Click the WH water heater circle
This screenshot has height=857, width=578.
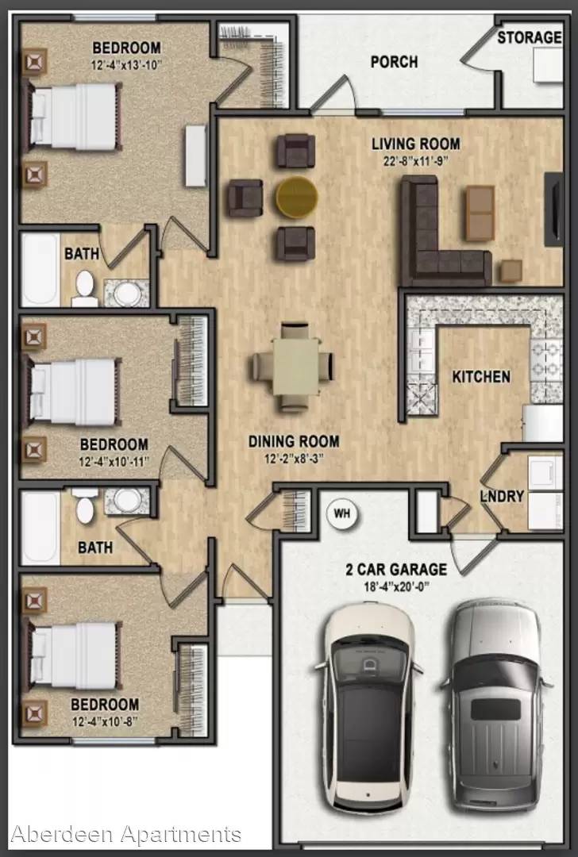pyautogui.click(x=342, y=513)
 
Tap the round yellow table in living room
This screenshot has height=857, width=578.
pyautogui.click(x=296, y=198)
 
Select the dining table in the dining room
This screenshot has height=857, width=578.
pyautogui.click(x=296, y=366)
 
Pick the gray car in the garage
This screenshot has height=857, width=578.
pyautogui.click(x=496, y=705)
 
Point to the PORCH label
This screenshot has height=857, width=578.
pyautogui.click(x=395, y=62)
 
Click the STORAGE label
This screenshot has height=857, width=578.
pyautogui.click(x=530, y=37)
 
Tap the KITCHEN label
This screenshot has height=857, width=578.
pyautogui.click(x=481, y=377)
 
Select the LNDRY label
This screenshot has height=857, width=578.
pyautogui.click(x=502, y=496)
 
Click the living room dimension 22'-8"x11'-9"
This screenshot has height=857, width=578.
pyautogui.click(x=415, y=161)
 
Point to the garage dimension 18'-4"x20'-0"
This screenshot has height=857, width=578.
pyautogui.click(x=396, y=587)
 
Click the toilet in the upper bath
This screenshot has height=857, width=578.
pyautogui.click(x=85, y=289)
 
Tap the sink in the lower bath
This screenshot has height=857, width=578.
pyautogui.click(x=127, y=500)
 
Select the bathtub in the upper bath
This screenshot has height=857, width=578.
pyautogui.click(x=40, y=270)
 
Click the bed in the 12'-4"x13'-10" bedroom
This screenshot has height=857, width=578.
pyautogui.click(x=73, y=117)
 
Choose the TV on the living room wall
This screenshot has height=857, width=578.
pyautogui.click(x=553, y=209)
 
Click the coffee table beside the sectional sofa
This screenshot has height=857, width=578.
pyautogui.click(x=480, y=213)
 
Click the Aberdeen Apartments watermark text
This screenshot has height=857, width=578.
pyautogui.click(x=125, y=835)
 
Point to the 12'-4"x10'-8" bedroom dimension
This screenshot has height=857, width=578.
pyautogui.click(x=105, y=722)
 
